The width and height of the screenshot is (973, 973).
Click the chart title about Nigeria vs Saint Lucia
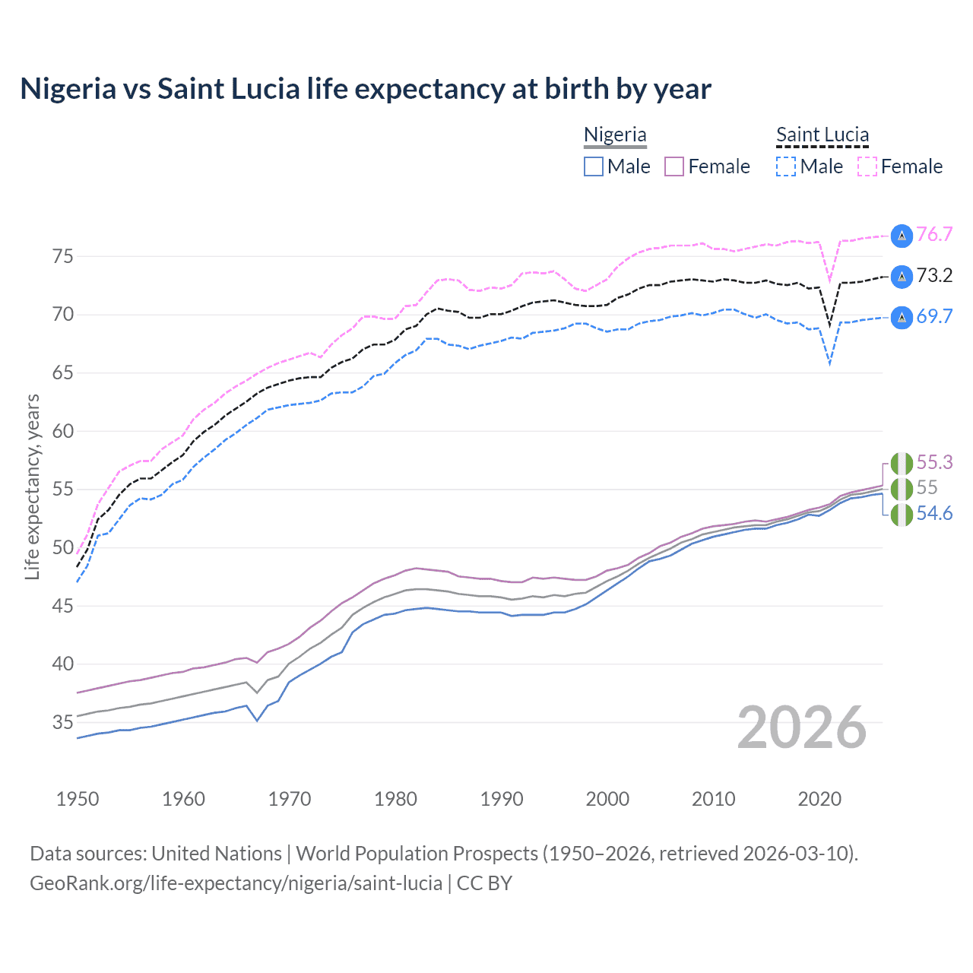(x=366, y=89)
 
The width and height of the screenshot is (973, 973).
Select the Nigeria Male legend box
(x=594, y=166)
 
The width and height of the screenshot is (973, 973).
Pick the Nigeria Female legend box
(x=675, y=166)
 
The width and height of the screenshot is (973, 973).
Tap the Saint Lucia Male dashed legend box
(x=786, y=166)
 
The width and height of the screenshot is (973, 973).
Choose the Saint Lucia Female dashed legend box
(x=867, y=166)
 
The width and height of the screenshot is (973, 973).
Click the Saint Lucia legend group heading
(x=822, y=135)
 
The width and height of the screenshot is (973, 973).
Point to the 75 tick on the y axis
(x=63, y=256)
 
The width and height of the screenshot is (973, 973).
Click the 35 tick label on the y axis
(x=63, y=722)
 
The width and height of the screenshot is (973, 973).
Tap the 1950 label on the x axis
(x=78, y=799)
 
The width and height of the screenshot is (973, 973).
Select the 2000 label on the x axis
(x=607, y=799)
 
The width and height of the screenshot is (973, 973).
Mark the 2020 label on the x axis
(x=819, y=799)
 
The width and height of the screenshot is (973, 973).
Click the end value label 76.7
(x=934, y=234)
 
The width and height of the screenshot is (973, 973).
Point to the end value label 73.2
(x=934, y=275)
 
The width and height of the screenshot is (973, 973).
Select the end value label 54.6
(x=934, y=514)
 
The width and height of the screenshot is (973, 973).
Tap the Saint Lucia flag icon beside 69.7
(x=902, y=317)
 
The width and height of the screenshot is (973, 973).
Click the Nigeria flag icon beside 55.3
(x=902, y=463)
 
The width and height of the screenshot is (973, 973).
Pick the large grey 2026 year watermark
(x=802, y=727)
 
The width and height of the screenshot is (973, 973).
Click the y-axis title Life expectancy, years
(x=32, y=487)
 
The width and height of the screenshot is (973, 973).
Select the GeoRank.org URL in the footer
(x=236, y=883)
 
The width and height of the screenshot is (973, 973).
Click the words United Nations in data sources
(x=217, y=854)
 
